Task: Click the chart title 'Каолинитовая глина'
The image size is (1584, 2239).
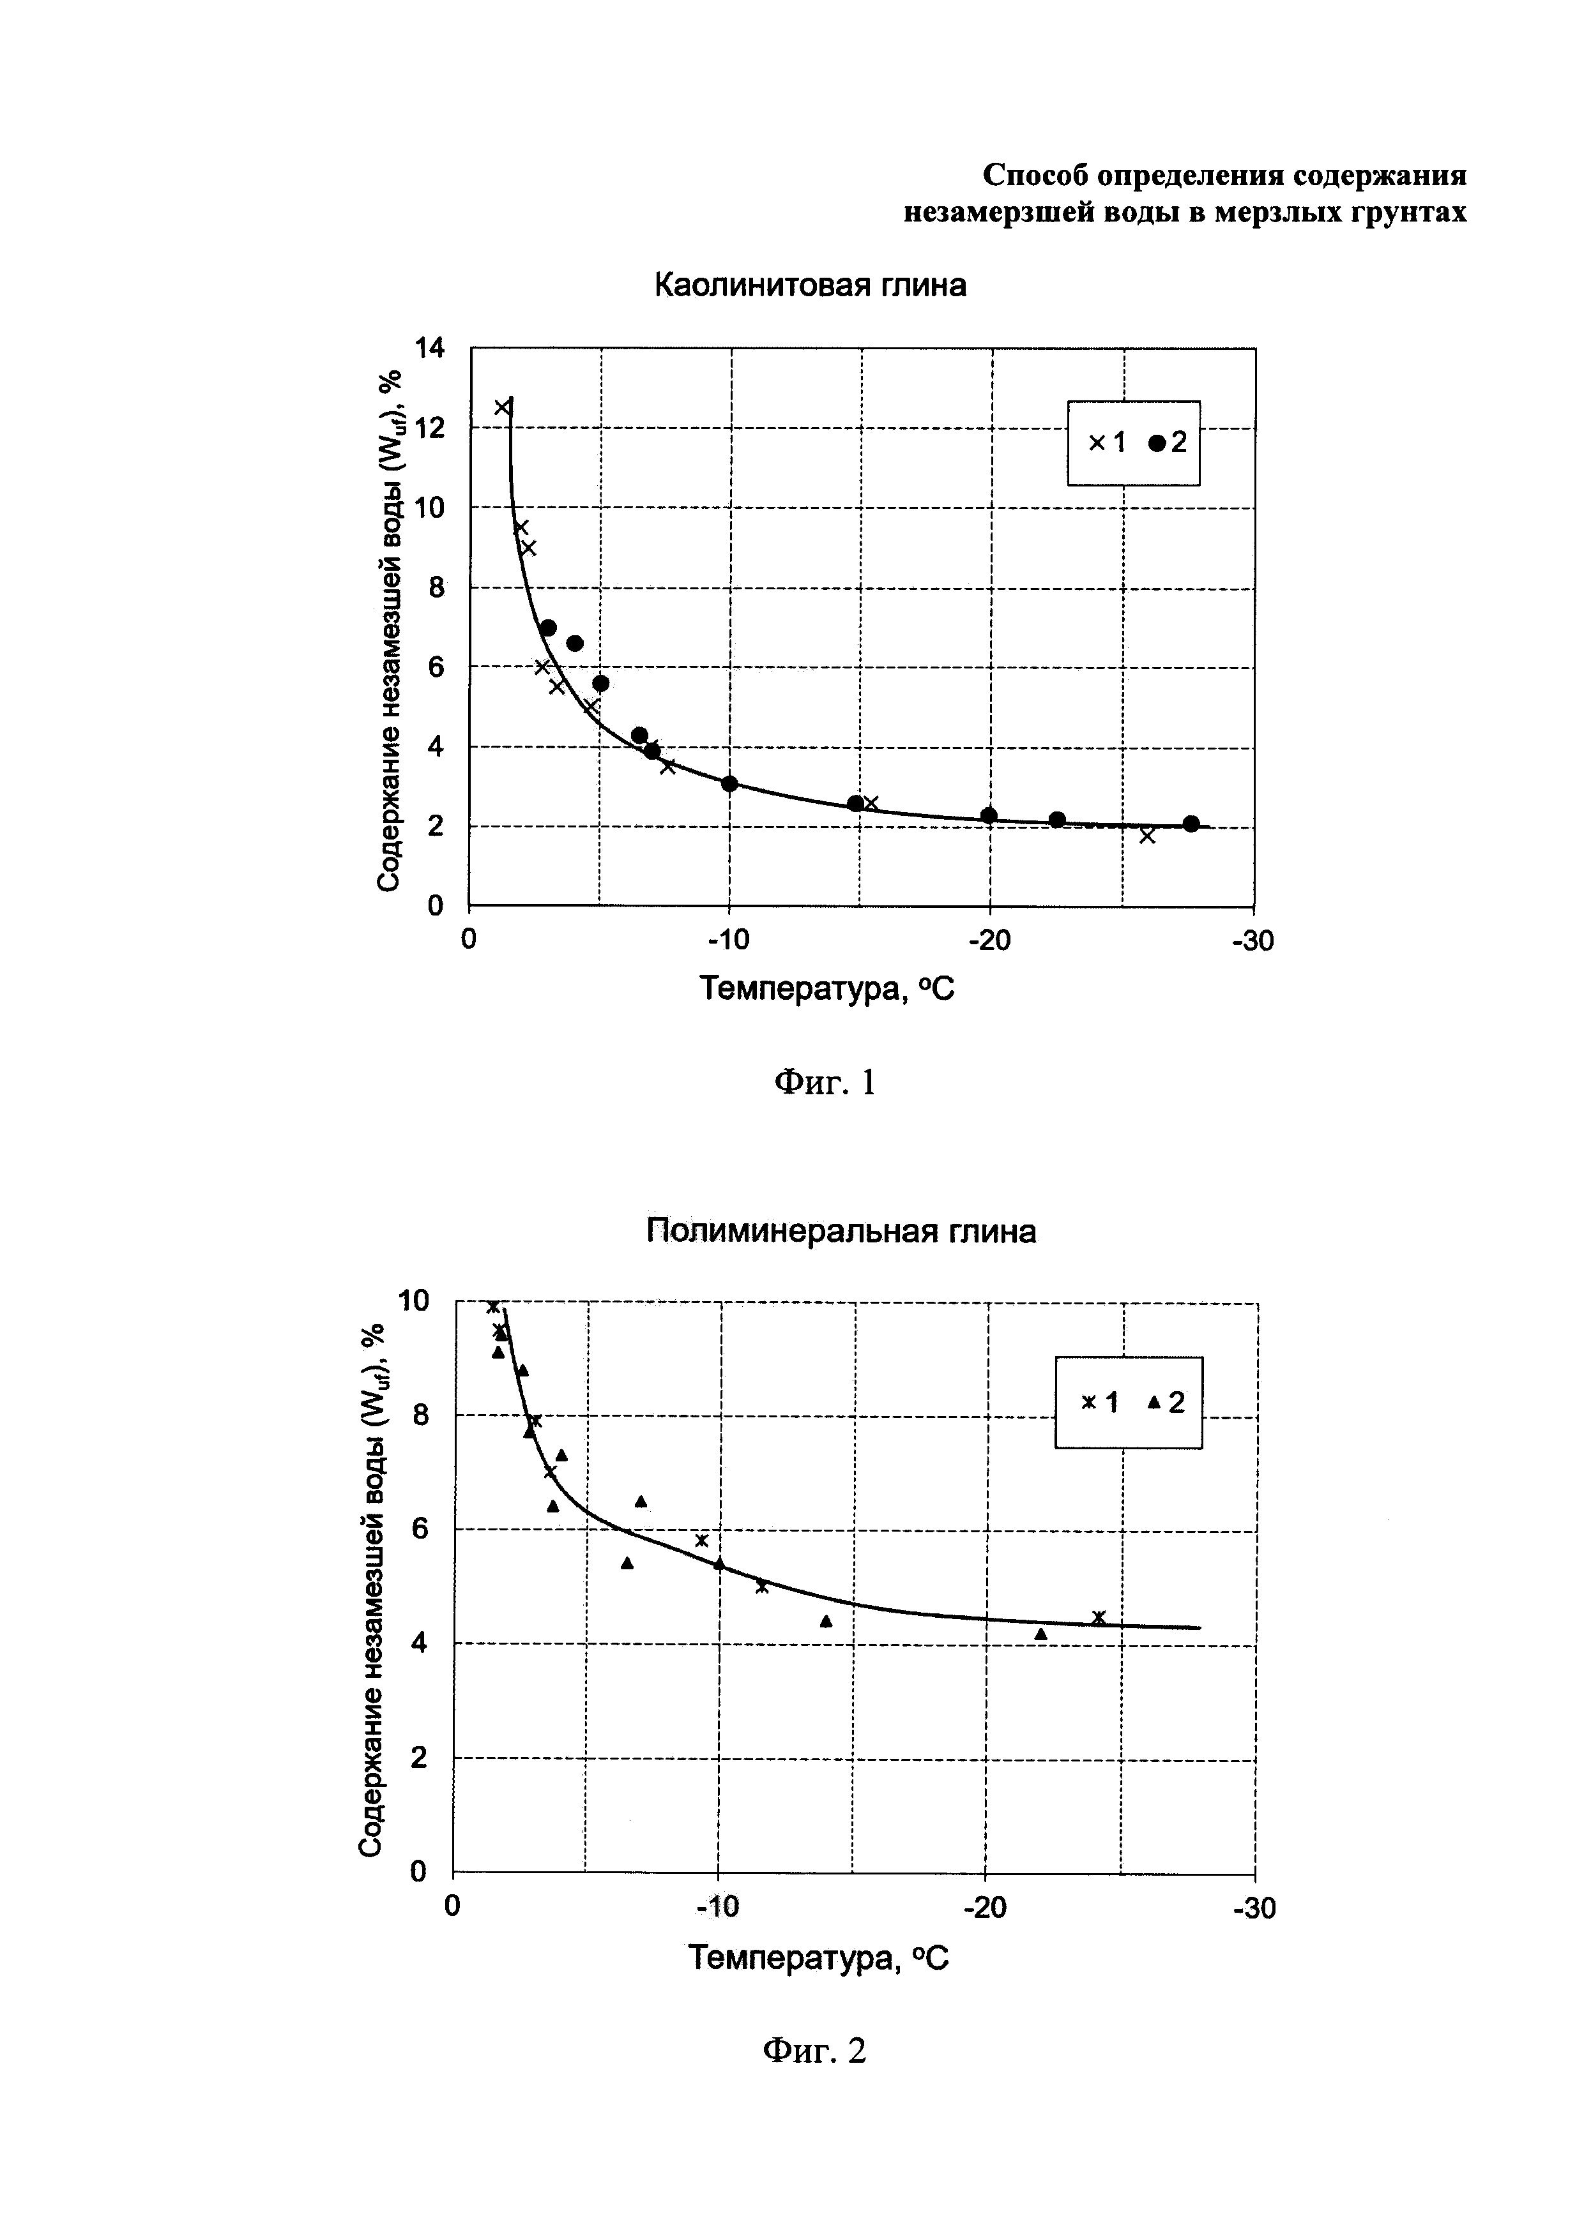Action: click(809, 286)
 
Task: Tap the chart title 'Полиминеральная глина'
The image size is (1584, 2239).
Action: click(841, 1232)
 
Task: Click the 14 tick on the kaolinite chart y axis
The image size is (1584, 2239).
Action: click(429, 347)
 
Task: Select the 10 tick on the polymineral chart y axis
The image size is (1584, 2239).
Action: click(413, 1300)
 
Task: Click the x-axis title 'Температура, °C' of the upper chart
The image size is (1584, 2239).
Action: click(827, 990)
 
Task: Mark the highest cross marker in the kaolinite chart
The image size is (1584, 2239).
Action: click(502, 407)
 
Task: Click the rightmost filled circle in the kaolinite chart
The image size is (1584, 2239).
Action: click(1191, 824)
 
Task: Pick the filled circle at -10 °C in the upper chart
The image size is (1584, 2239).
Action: click(729, 784)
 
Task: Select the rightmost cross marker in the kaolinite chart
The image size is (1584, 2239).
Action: click(1147, 836)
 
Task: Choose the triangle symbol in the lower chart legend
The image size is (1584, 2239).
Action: click(1154, 1402)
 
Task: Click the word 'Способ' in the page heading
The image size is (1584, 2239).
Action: click(1035, 176)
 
